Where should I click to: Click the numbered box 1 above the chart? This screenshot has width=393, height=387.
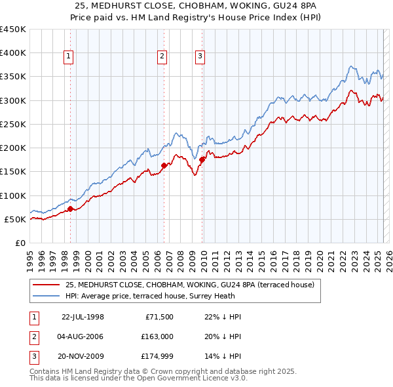[x=69, y=57]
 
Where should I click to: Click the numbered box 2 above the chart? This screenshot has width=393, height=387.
[x=162, y=57]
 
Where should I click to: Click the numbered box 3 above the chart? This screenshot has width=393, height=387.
[x=200, y=57]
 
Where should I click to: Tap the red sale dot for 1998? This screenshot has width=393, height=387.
[x=70, y=209]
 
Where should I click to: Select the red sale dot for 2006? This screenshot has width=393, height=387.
[x=163, y=165]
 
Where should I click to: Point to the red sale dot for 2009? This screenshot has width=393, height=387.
[x=202, y=159]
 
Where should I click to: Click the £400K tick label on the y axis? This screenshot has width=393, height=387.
[x=13, y=53]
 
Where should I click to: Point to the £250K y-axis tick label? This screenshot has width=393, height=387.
[x=13, y=124]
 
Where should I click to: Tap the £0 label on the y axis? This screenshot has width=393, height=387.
[x=20, y=243]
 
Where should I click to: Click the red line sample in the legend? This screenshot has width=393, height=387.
[x=46, y=285]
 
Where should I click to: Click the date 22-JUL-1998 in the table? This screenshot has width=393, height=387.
[x=83, y=317]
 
